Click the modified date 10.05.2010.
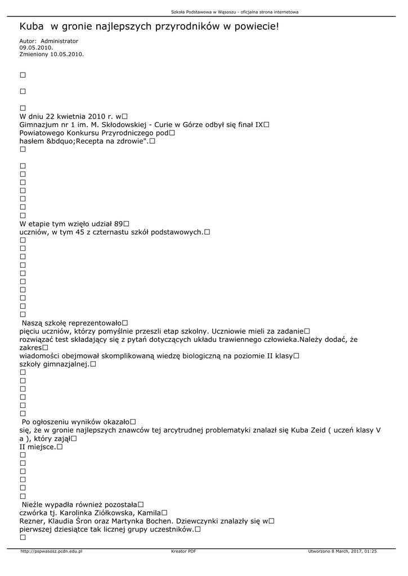tap(67, 55)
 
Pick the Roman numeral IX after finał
tap(259, 124)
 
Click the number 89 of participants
tap(118, 223)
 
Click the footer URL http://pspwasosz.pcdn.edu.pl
tap(51, 551)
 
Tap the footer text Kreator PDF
tap(183, 551)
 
